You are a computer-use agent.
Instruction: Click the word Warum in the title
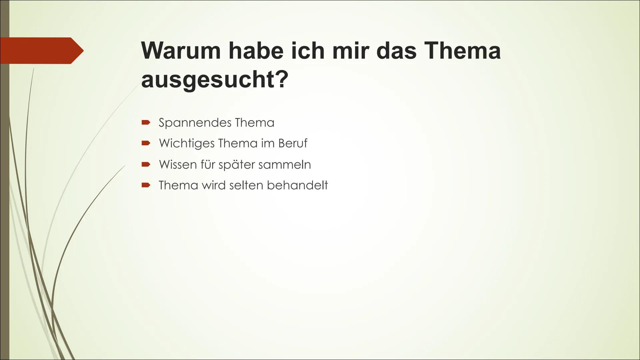point(181,50)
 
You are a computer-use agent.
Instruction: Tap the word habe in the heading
point(256,50)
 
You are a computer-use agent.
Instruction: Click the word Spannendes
point(195,123)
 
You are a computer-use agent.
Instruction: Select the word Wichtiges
point(187,143)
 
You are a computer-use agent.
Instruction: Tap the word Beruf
point(293,143)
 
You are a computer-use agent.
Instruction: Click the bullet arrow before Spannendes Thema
point(146,123)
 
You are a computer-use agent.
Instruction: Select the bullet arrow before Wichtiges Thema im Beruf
point(146,144)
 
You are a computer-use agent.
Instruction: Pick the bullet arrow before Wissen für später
point(146,164)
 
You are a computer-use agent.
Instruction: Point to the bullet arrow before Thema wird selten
point(146,185)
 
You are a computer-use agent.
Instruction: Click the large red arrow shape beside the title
point(42,51)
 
